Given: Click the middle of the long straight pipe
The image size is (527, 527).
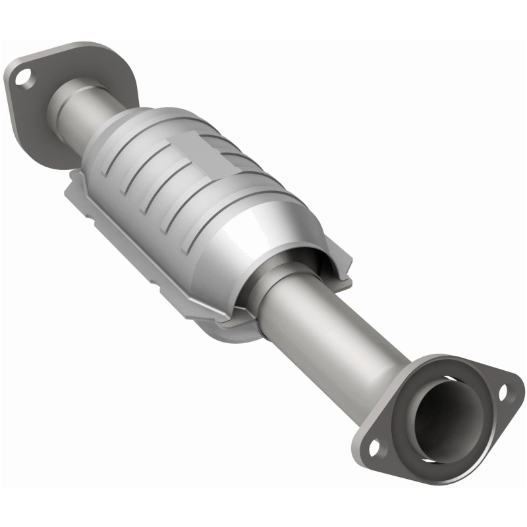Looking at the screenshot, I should click(x=323, y=329).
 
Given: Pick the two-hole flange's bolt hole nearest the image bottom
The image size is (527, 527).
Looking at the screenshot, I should click(x=375, y=449).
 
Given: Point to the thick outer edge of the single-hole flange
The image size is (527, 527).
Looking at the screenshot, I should click(x=13, y=105).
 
